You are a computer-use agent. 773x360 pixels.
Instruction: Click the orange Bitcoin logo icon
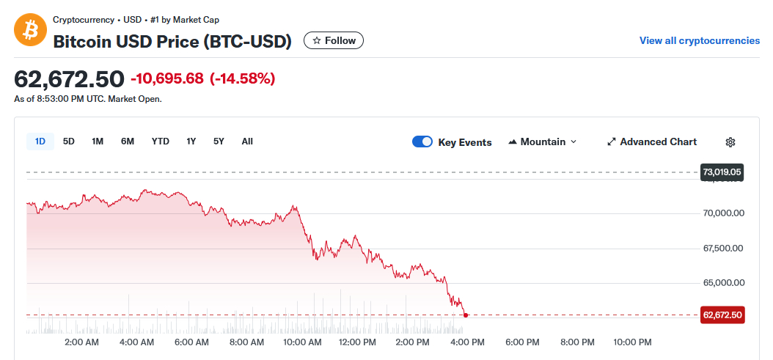coord(30,30)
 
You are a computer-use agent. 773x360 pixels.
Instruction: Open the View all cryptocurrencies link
coord(699,40)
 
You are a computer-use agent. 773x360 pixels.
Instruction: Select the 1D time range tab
coord(40,142)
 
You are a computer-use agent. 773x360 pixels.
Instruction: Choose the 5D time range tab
coord(69,142)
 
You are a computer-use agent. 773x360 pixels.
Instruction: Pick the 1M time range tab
coord(98,142)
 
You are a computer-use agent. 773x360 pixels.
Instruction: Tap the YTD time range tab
coord(161,142)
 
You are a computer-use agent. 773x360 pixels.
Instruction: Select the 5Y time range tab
coord(219,142)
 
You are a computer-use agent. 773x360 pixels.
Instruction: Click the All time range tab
coord(247,142)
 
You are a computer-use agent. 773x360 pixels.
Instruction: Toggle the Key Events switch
coord(422,142)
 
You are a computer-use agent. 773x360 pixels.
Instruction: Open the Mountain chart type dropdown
coord(542,142)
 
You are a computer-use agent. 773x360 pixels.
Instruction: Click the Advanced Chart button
coord(652,142)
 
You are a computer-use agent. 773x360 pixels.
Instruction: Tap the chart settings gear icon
coord(730,142)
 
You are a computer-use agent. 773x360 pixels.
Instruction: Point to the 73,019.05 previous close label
coord(722,172)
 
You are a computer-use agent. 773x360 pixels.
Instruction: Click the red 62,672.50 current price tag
coord(722,315)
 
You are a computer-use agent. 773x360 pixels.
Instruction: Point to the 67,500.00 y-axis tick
coord(723,249)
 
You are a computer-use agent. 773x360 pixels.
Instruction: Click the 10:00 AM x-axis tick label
coord(302,342)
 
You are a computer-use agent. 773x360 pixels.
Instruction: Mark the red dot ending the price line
coord(466,315)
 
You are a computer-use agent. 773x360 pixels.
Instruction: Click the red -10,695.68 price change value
coord(167,78)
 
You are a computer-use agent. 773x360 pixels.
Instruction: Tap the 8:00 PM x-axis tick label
coord(577,342)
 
